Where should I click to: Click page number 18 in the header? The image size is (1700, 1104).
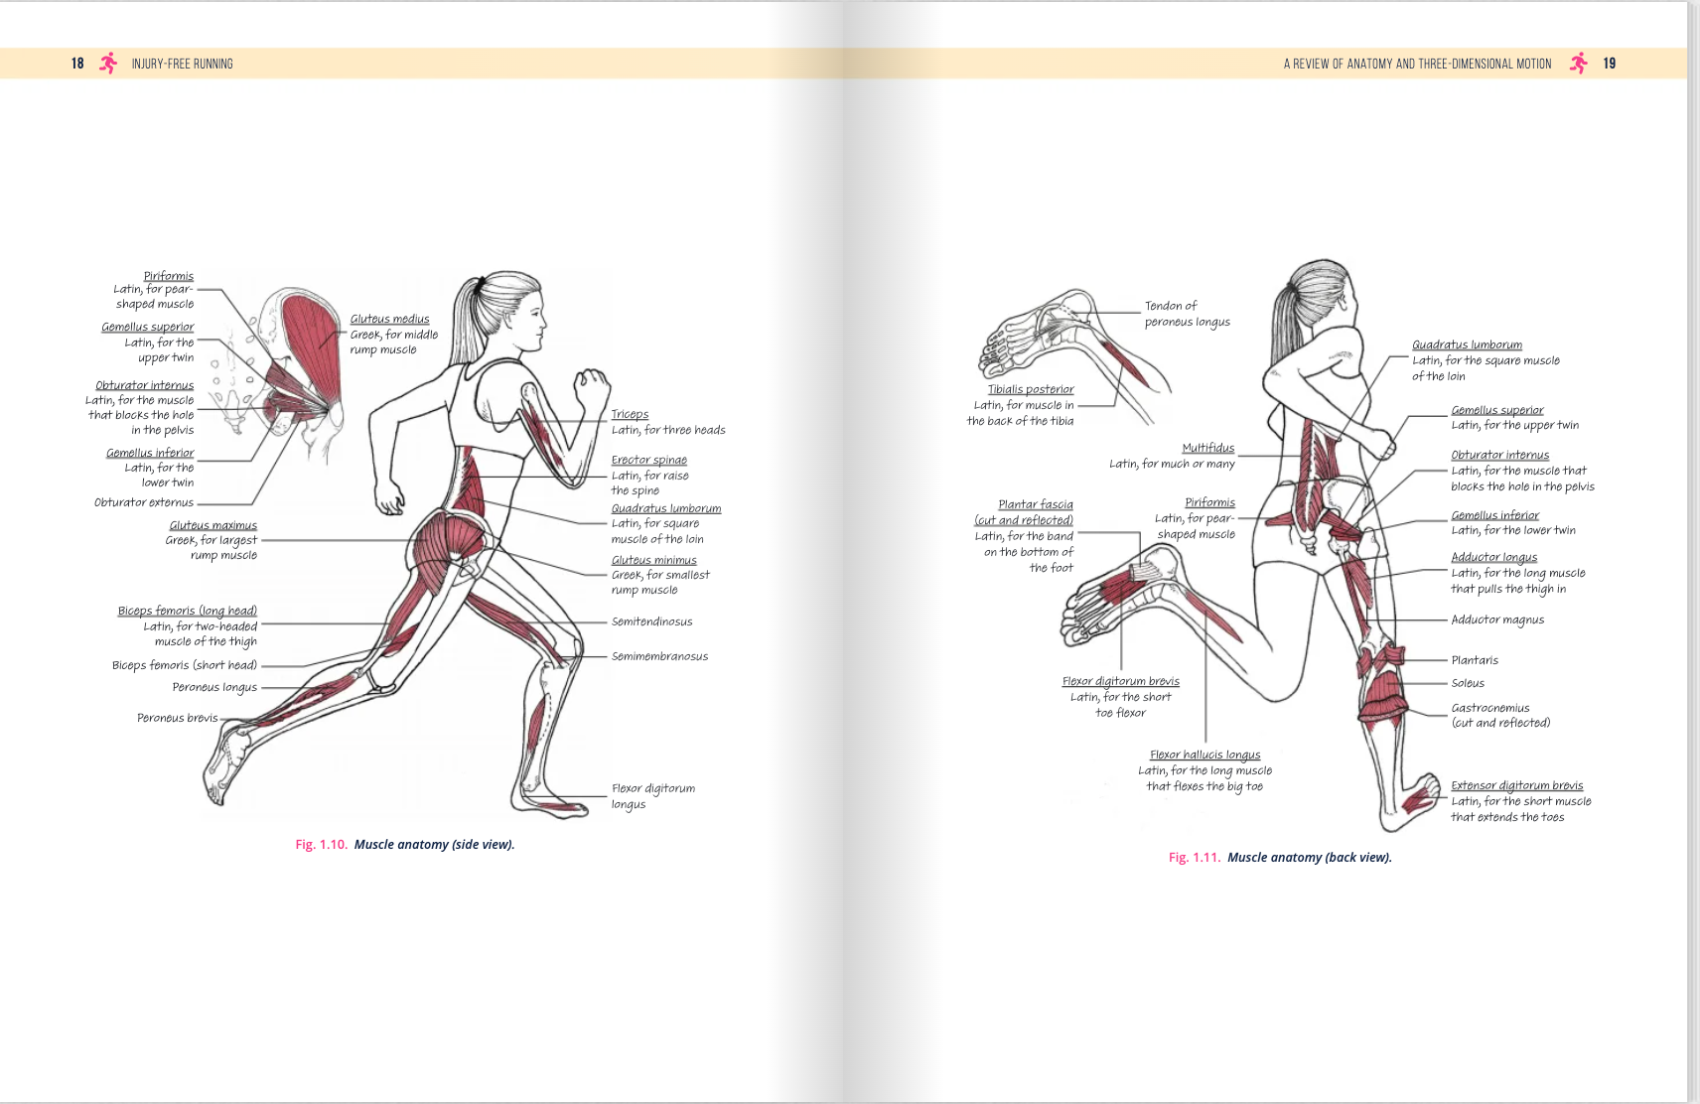(77, 64)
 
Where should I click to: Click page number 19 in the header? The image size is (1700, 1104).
(1609, 64)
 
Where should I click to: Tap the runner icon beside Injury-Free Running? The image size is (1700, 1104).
(108, 64)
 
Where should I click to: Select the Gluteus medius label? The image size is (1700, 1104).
(389, 319)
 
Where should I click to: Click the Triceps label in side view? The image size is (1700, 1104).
(630, 414)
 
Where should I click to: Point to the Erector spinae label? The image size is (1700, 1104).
(648, 460)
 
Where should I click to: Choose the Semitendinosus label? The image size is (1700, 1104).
(651, 621)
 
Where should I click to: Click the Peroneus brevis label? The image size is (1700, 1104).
(177, 718)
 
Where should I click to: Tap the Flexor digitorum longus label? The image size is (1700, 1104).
(652, 795)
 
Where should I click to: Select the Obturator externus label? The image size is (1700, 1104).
(144, 502)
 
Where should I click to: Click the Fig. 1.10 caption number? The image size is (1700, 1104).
(321, 845)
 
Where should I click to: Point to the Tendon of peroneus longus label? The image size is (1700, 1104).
(1187, 314)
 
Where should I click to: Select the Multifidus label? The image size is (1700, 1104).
(1207, 448)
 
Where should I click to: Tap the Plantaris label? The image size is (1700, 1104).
(1475, 660)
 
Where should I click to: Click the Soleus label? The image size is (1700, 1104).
(1468, 683)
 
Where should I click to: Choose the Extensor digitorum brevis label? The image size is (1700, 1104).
(1516, 785)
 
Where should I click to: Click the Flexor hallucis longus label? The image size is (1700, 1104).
(1204, 755)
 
